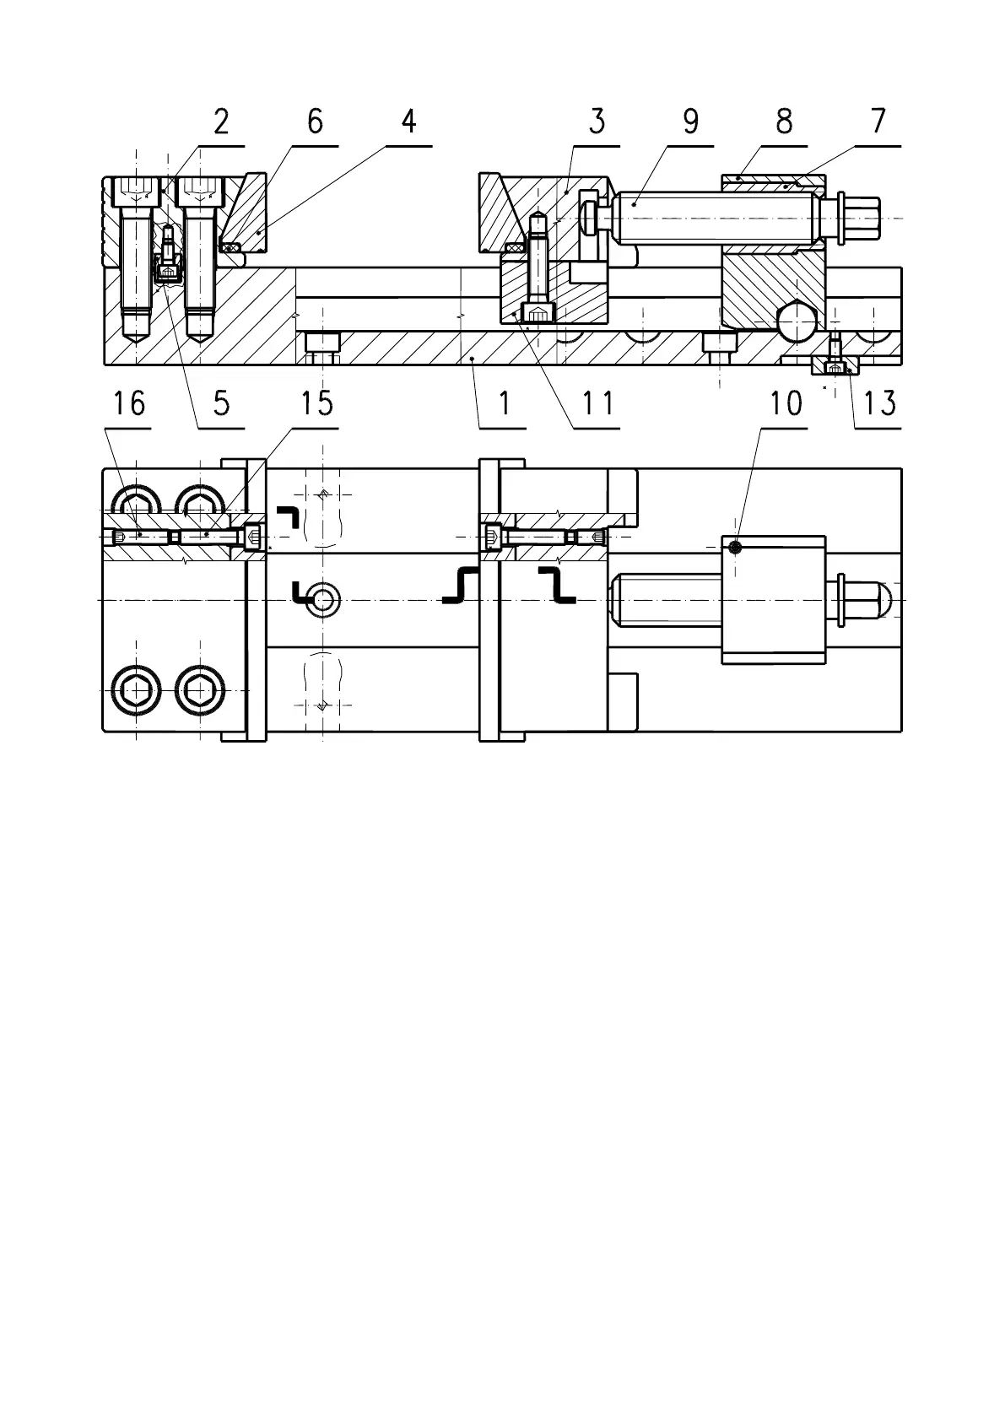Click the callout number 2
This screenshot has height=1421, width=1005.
(x=221, y=122)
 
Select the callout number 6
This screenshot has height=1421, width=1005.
(x=315, y=122)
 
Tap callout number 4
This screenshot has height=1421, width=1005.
(x=408, y=122)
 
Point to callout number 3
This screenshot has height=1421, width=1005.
(x=597, y=122)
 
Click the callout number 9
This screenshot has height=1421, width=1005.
(x=690, y=122)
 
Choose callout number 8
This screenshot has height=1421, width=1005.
(x=784, y=122)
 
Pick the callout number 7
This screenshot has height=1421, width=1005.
(x=878, y=122)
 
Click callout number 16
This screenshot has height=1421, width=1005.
(x=129, y=403)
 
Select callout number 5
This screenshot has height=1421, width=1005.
(x=221, y=403)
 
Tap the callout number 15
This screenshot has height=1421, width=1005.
(x=316, y=403)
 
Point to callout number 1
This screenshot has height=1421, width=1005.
(x=504, y=403)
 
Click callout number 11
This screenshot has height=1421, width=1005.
(x=597, y=403)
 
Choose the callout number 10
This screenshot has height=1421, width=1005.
(x=785, y=403)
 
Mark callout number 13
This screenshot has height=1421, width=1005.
(x=878, y=403)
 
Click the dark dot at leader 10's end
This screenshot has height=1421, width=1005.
(x=736, y=548)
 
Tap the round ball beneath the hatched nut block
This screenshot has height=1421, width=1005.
(x=797, y=320)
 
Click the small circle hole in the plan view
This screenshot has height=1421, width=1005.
(x=323, y=600)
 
